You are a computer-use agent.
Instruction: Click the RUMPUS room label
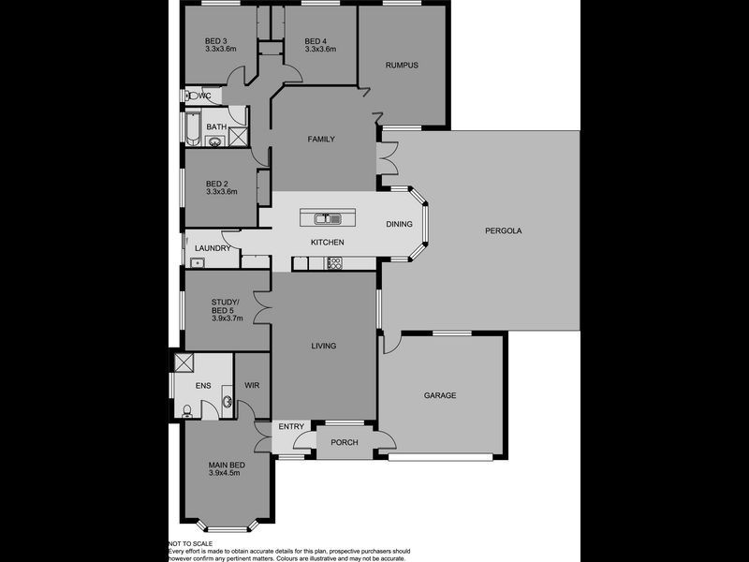(x=402, y=65)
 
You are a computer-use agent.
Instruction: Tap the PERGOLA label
(x=503, y=229)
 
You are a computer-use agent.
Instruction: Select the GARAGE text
(x=440, y=395)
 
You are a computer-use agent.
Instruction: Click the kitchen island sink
(x=327, y=219)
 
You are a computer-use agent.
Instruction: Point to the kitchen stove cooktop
(x=332, y=264)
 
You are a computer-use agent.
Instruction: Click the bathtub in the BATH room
(x=192, y=128)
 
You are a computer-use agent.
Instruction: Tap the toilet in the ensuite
(x=189, y=408)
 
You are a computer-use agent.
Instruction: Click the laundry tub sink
(x=197, y=262)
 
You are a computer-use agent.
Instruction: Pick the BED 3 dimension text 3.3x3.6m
(x=221, y=49)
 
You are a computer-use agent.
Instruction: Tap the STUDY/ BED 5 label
(x=225, y=306)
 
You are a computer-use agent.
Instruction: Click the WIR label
(x=252, y=384)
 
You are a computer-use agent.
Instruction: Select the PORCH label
(x=344, y=442)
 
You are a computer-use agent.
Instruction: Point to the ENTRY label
(x=292, y=427)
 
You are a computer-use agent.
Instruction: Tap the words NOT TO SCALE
(x=190, y=543)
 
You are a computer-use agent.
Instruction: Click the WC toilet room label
(x=208, y=96)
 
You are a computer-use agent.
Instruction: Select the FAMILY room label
(x=321, y=139)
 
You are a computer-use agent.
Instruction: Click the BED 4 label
(x=316, y=40)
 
